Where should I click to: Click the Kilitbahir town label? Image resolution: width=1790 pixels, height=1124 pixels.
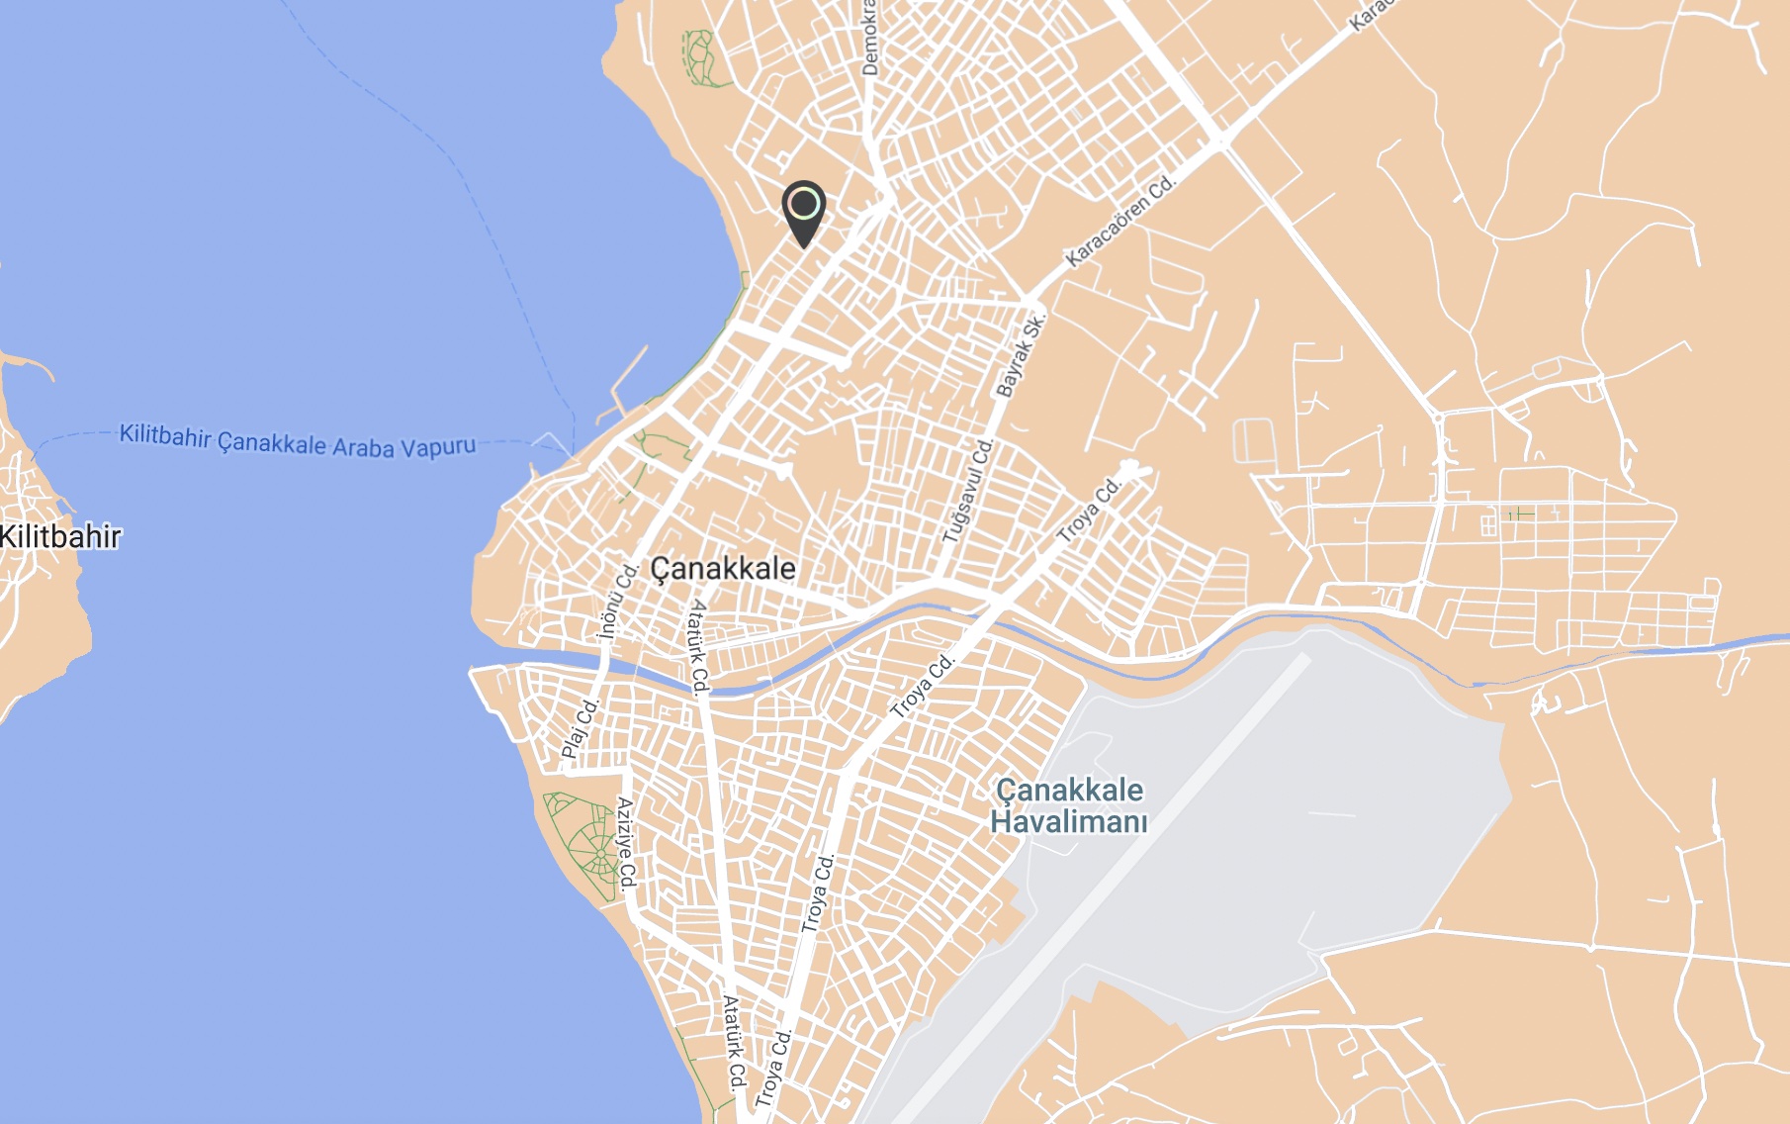coord(60,537)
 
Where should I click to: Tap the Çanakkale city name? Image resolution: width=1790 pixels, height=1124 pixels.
coord(723,569)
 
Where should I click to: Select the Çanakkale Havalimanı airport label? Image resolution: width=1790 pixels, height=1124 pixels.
coord(1069,805)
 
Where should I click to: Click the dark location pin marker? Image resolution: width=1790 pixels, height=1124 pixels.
coord(804,211)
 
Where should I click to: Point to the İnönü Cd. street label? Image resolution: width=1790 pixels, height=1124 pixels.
coord(617,602)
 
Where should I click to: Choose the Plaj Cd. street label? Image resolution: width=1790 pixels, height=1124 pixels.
coord(581,728)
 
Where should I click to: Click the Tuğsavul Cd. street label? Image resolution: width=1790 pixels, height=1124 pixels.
coord(967,491)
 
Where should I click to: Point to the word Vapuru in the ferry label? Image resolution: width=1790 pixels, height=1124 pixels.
coord(438,447)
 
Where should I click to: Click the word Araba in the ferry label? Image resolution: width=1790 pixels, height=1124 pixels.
coord(362,447)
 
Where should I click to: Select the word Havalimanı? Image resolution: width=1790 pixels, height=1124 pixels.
coord(1069,822)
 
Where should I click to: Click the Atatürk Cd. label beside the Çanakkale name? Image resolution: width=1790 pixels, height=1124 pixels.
coord(699,644)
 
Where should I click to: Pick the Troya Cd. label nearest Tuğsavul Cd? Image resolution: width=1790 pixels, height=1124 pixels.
coord(1088,511)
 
